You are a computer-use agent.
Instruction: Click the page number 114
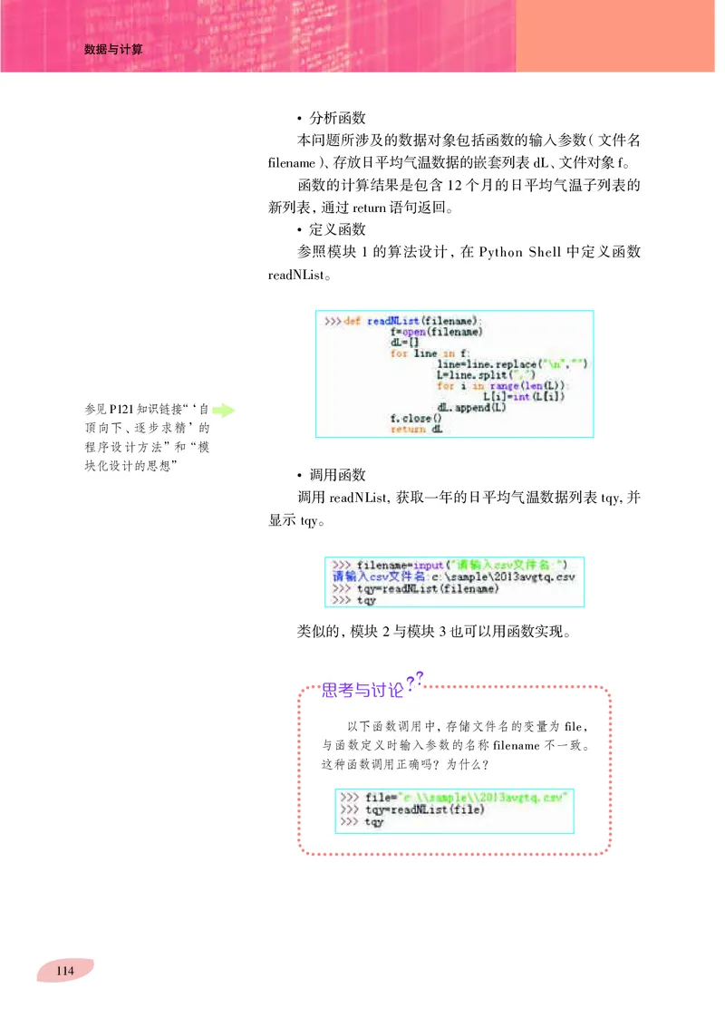[64, 971]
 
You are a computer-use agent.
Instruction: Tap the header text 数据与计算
[113, 51]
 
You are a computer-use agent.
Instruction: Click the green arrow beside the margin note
[223, 411]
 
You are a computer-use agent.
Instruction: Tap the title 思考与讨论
[362, 691]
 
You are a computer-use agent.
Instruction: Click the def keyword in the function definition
[353, 321]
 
